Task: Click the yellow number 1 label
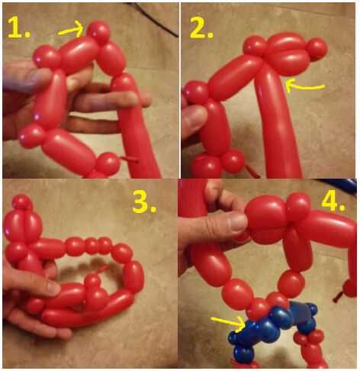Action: [x=18, y=29]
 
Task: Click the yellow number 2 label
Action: [x=201, y=29]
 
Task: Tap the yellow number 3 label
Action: [x=144, y=204]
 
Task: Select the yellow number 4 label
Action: [x=333, y=202]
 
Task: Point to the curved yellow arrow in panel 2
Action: [x=303, y=85]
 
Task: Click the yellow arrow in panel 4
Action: [x=227, y=324]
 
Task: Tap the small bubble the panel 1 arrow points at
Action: [x=98, y=32]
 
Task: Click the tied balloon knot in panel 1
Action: [x=128, y=160]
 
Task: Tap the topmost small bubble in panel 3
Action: [x=22, y=203]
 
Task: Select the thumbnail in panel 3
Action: [x=54, y=288]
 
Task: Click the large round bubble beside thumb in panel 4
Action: [x=265, y=220]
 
